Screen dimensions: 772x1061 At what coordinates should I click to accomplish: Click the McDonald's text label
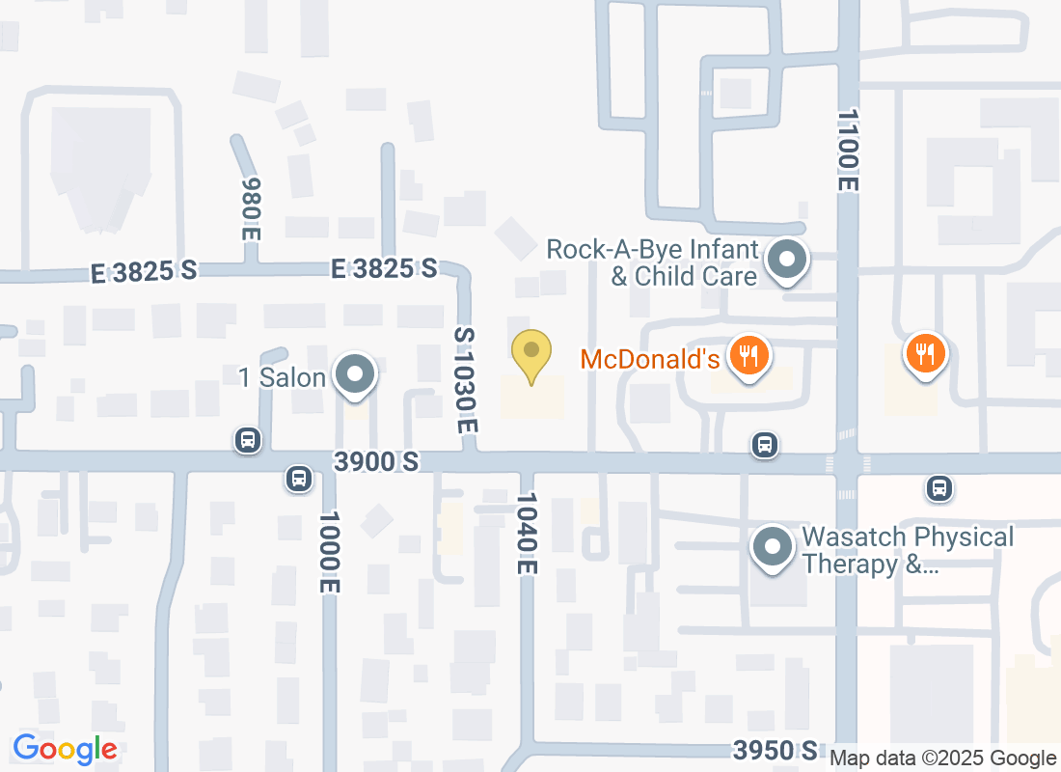click(650, 360)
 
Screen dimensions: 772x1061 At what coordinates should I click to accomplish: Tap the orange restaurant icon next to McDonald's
click(748, 354)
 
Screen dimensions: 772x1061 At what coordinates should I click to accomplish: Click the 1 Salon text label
click(282, 377)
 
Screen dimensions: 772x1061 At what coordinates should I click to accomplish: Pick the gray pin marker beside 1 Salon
click(355, 374)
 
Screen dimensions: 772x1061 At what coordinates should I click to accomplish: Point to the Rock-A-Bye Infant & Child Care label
click(652, 263)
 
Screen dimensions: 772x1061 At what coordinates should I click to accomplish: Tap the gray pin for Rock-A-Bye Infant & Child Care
click(787, 260)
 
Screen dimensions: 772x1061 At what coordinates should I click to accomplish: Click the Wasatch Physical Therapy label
click(908, 550)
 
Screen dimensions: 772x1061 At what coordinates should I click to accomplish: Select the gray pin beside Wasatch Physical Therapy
click(772, 547)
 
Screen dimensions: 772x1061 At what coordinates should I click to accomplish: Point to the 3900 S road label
click(376, 462)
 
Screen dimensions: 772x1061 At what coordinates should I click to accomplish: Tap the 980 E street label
click(251, 207)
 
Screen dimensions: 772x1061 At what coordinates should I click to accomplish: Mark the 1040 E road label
click(526, 534)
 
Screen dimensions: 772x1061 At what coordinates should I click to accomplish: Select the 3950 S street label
click(775, 750)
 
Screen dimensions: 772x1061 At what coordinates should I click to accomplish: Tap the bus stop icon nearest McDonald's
click(765, 445)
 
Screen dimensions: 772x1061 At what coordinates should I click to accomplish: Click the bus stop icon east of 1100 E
click(939, 488)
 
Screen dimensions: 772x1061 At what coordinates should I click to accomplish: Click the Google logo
click(65, 748)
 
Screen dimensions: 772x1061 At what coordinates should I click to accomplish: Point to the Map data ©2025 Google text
click(942, 758)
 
